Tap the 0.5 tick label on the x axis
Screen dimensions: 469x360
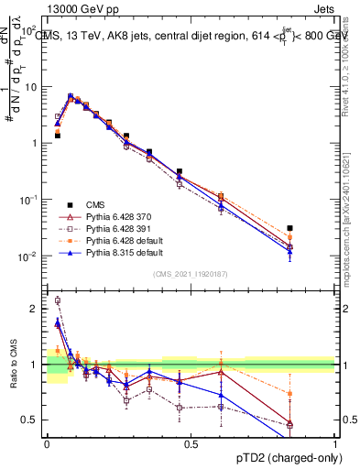point(191,443)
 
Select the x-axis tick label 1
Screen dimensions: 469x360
point(335,443)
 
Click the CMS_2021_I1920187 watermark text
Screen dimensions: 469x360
point(190,274)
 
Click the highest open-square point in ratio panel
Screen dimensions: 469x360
point(58,300)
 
